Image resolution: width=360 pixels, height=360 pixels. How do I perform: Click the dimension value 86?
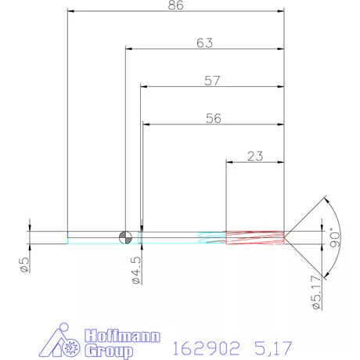click(175, 5)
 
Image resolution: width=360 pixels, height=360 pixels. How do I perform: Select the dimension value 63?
click(205, 44)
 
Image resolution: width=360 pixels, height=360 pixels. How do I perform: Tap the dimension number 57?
click(211, 81)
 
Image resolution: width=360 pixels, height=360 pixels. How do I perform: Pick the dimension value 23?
click(254, 156)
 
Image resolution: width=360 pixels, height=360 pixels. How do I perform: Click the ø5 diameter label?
click(24, 264)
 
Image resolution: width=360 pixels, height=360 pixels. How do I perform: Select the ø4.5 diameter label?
click(135, 266)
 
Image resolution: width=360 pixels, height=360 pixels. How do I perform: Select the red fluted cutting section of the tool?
click(254, 236)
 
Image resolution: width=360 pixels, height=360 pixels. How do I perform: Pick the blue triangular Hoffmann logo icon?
click(65, 342)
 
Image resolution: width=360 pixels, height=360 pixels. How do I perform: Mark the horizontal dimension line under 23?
click(254, 163)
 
